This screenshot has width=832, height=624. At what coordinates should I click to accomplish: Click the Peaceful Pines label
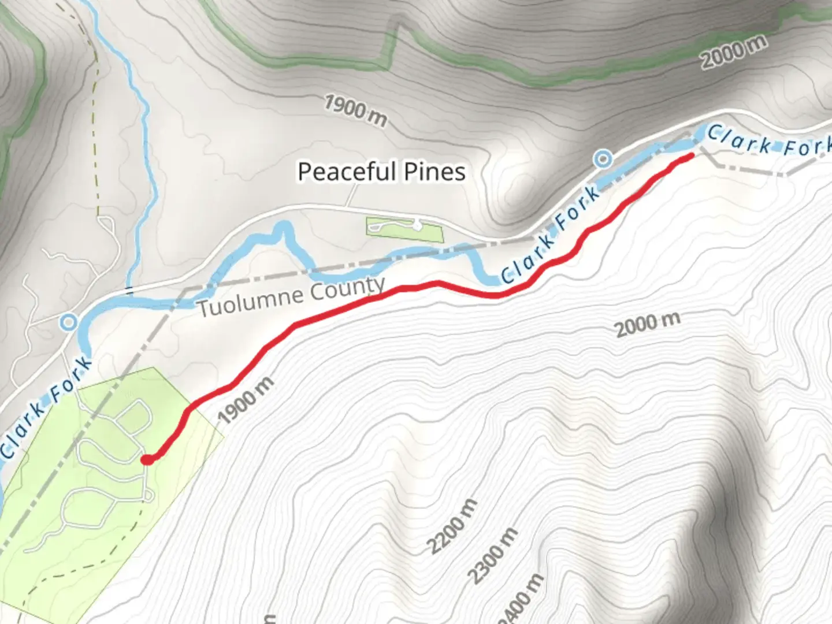coord(381,172)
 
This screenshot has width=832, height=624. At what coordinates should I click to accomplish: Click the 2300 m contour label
coord(493,556)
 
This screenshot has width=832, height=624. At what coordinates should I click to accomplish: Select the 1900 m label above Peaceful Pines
coord(355,110)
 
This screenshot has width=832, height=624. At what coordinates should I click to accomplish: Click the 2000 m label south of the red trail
coord(647,325)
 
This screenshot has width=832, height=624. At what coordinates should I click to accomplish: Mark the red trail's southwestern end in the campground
coord(148,459)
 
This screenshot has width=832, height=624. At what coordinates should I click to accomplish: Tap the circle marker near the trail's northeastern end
coord(604,158)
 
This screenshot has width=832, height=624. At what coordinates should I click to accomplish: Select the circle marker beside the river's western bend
coord(69,322)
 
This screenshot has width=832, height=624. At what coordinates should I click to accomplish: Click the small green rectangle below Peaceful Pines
coord(405,229)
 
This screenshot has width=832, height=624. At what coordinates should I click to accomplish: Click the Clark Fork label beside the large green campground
coord(46,407)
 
